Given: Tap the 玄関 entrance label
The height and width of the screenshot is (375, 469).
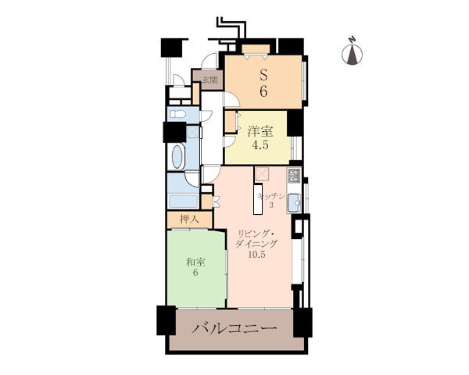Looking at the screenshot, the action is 210,80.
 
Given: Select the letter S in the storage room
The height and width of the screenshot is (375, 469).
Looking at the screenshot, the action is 263,75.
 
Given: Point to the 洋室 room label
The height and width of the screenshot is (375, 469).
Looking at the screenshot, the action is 260,131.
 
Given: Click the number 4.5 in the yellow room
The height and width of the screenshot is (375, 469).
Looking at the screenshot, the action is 260,145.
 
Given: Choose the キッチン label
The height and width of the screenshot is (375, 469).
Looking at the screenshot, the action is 271,196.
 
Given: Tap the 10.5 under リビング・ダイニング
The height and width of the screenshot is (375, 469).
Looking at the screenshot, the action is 257,255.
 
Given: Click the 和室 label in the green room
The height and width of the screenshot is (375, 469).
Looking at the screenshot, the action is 195,262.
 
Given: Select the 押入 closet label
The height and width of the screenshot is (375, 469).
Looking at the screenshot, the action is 189,220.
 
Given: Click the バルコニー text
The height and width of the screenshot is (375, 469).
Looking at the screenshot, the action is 234,329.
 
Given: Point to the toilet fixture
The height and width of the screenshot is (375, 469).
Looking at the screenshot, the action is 178,115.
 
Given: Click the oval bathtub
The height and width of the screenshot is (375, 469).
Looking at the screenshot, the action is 178,156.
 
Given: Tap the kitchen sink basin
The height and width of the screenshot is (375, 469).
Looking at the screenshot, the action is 295,202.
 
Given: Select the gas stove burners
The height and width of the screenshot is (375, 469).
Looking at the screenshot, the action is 293,176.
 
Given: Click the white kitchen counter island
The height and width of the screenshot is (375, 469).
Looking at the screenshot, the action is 257,200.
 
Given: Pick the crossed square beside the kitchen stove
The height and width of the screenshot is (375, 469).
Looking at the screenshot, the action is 263,174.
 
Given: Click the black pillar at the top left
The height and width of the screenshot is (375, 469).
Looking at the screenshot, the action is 171,48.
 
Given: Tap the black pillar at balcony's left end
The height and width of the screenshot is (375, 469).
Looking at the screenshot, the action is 166,320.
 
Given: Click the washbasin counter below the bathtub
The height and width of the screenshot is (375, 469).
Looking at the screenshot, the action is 184,202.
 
